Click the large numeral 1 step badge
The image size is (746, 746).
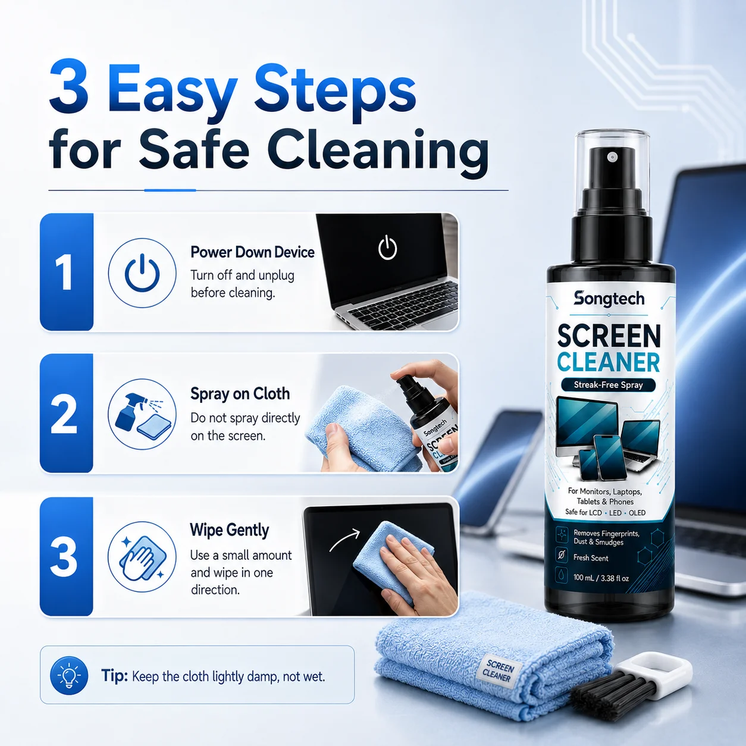(x=67, y=272)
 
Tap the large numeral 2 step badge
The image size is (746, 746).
(x=67, y=413)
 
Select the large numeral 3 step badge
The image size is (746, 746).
(x=67, y=556)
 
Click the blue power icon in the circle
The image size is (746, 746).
(x=142, y=272)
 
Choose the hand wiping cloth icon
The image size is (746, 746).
(x=142, y=557)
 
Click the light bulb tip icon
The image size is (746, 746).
(x=69, y=675)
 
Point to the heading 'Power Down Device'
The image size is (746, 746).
(x=252, y=252)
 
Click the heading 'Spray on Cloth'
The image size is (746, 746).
(x=240, y=394)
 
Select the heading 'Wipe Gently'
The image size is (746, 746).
(x=229, y=530)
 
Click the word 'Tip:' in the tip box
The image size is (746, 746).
(x=114, y=676)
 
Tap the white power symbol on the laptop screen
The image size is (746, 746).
(x=387, y=247)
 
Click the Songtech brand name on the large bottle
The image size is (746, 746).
(x=609, y=299)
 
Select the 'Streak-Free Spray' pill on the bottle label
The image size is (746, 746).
(x=608, y=385)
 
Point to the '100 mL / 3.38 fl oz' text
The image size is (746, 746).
(x=601, y=578)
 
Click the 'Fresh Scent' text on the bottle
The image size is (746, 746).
(x=591, y=558)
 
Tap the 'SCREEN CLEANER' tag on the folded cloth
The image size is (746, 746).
(x=499, y=671)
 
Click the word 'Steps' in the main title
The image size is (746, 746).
(x=336, y=90)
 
